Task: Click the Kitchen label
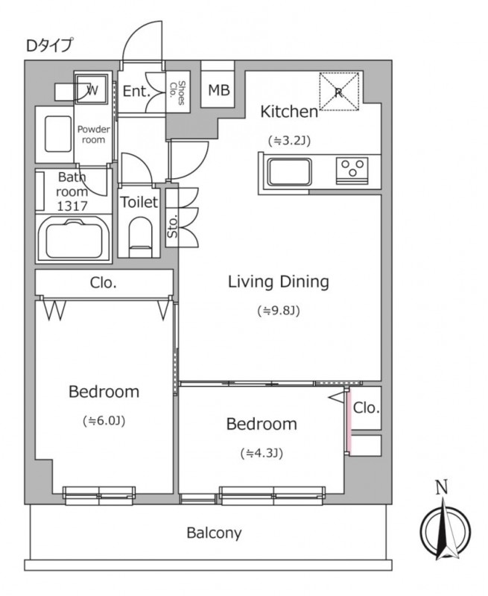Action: pyautogui.click(x=289, y=112)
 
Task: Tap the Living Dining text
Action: pyautogui.click(x=278, y=282)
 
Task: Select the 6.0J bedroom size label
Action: pyautogui.click(x=104, y=421)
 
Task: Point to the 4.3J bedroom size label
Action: pyautogui.click(x=262, y=453)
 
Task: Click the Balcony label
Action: pyautogui.click(x=214, y=533)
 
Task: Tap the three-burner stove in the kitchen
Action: pyautogui.click(x=352, y=171)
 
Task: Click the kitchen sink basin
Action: pyautogui.click(x=289, y=172)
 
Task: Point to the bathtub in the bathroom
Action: pyautogui.click(x=74, y=239)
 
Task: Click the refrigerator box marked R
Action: pyautogui.click(x=339, y=91)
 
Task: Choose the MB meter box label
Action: pyautogui.click(x=219, y=90)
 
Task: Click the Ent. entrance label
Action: pyautogui.click(x=136, y=91)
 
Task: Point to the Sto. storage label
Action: pyautogui.click(x=172, y=226)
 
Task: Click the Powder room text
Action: pyautogui.click(x=93, y=135)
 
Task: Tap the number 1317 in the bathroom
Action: pyautogui.click(x=72, y=206)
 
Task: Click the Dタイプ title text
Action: pyautogui.click(x=48, y=45)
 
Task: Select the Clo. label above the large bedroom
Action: pyautogui.click(x=104, y=283)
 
